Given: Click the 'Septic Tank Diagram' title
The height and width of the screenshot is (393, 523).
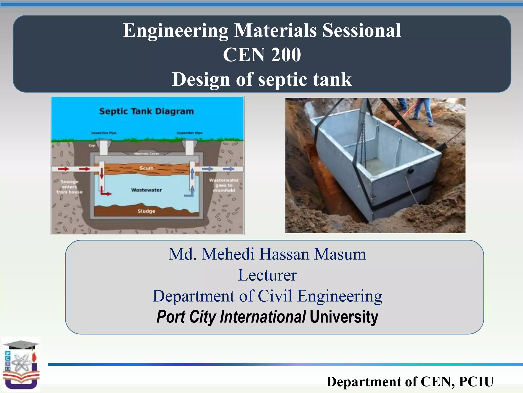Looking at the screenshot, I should click(146, 111).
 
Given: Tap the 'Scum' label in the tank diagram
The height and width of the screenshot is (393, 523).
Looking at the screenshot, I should click(146, 168).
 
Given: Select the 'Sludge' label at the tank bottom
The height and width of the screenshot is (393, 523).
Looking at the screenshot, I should click(146, 211).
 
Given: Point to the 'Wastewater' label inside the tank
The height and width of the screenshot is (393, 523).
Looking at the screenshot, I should click(146, 190).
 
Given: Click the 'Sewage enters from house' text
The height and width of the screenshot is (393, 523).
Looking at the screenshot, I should click(69, 187).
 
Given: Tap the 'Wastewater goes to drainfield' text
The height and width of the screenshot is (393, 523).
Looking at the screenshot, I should click(224, 185).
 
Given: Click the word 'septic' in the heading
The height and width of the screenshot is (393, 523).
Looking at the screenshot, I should click(282, 79).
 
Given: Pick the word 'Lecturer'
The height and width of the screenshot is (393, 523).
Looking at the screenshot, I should click(267, 275).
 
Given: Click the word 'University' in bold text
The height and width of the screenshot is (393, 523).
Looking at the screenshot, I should click(344, 317).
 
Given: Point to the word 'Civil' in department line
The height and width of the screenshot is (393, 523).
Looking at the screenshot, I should click(275, 296).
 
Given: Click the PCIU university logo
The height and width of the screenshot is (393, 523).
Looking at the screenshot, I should click(21, 365).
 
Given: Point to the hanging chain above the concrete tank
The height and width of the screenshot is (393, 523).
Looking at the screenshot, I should click(364, 138).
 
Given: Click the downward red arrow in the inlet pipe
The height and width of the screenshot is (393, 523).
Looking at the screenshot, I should click(102, 174).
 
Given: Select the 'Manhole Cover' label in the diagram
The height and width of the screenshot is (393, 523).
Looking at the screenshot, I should click(147, 154).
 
